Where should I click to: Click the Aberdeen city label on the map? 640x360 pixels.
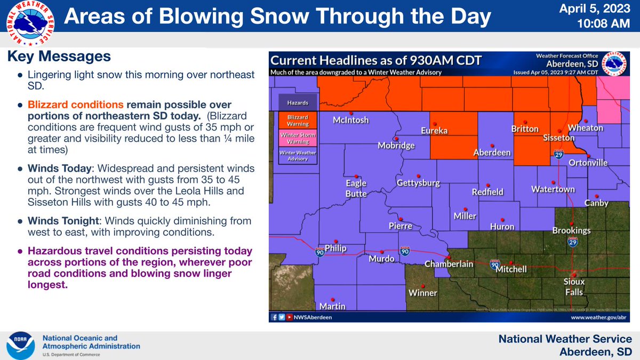[492, 153]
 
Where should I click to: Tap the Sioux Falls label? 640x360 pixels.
[574, 287]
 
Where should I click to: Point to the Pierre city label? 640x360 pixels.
[401, 226]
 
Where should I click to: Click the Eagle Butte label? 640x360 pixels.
[356, 189]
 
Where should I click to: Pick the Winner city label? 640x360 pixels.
[422, 293]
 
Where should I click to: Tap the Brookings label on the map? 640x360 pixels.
[571, 231]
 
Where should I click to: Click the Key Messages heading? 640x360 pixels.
[59, 56]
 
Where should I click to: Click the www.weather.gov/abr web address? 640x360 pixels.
[597, 317]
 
